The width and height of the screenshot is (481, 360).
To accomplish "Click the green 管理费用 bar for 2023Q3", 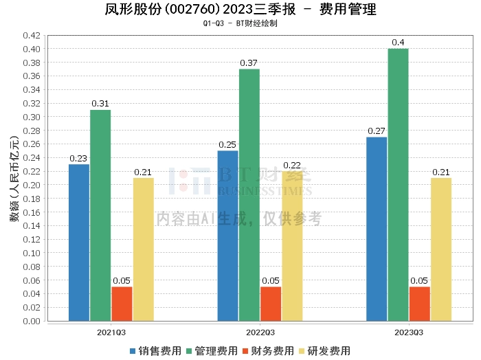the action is tap(398, 185).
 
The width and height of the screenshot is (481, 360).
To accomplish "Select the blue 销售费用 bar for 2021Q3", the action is tap(79, 243).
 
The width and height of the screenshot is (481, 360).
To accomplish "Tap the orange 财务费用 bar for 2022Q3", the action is tap(271, 304).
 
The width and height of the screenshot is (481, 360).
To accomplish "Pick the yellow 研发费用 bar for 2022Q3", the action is tap(292, 246).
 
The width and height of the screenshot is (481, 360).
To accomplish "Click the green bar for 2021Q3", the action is tap(100, 216).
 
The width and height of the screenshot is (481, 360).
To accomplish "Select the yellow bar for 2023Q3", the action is tap(441, 249).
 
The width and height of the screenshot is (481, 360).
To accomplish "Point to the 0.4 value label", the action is tap(398, 43).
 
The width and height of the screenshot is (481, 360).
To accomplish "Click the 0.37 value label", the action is tap(249, 63).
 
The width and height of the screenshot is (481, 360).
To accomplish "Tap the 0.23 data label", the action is tap(78, 159).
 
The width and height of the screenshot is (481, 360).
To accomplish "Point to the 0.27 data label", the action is tap(376, 131).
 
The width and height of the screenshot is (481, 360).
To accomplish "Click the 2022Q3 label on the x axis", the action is tap(260, 333).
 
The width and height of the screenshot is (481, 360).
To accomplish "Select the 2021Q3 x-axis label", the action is tap(111, 333).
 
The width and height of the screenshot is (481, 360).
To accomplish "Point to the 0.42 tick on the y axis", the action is tap(32, 36).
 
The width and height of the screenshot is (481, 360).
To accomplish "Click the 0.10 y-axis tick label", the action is tap(32, 254).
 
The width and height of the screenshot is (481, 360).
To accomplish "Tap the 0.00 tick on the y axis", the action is tap(32, 321).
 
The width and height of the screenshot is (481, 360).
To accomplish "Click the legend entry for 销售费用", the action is tap(155, 351).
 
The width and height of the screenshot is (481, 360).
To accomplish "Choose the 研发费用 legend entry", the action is tap(324, 351).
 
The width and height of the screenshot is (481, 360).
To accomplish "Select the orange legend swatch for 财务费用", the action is tap(245, 351).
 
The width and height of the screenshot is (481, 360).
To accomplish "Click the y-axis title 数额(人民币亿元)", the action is tap(14, 179).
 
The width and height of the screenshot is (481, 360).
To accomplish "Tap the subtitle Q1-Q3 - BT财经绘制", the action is tap(240, 23).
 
